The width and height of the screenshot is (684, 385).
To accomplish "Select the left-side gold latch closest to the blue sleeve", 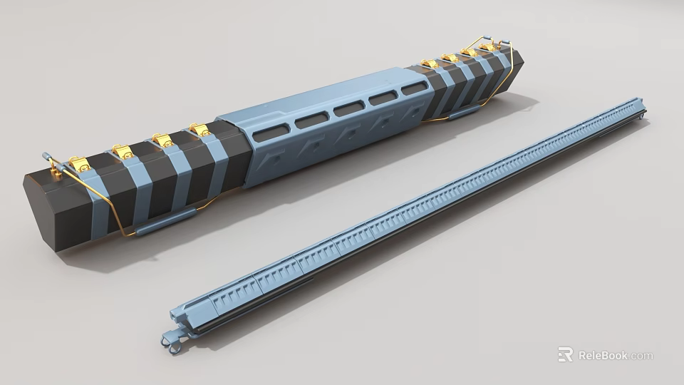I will coord(199,129).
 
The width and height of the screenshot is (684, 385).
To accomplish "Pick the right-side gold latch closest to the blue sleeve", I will coord(428,64).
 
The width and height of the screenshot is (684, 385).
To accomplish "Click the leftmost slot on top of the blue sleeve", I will coord(271,133).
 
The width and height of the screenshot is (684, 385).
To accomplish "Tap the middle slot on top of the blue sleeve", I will coord(348,109).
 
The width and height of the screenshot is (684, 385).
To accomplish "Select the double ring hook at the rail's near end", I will coord(171,342).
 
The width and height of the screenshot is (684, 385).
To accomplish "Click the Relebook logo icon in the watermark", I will coord(565,354).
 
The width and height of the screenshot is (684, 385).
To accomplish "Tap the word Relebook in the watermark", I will coord(602,355).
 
